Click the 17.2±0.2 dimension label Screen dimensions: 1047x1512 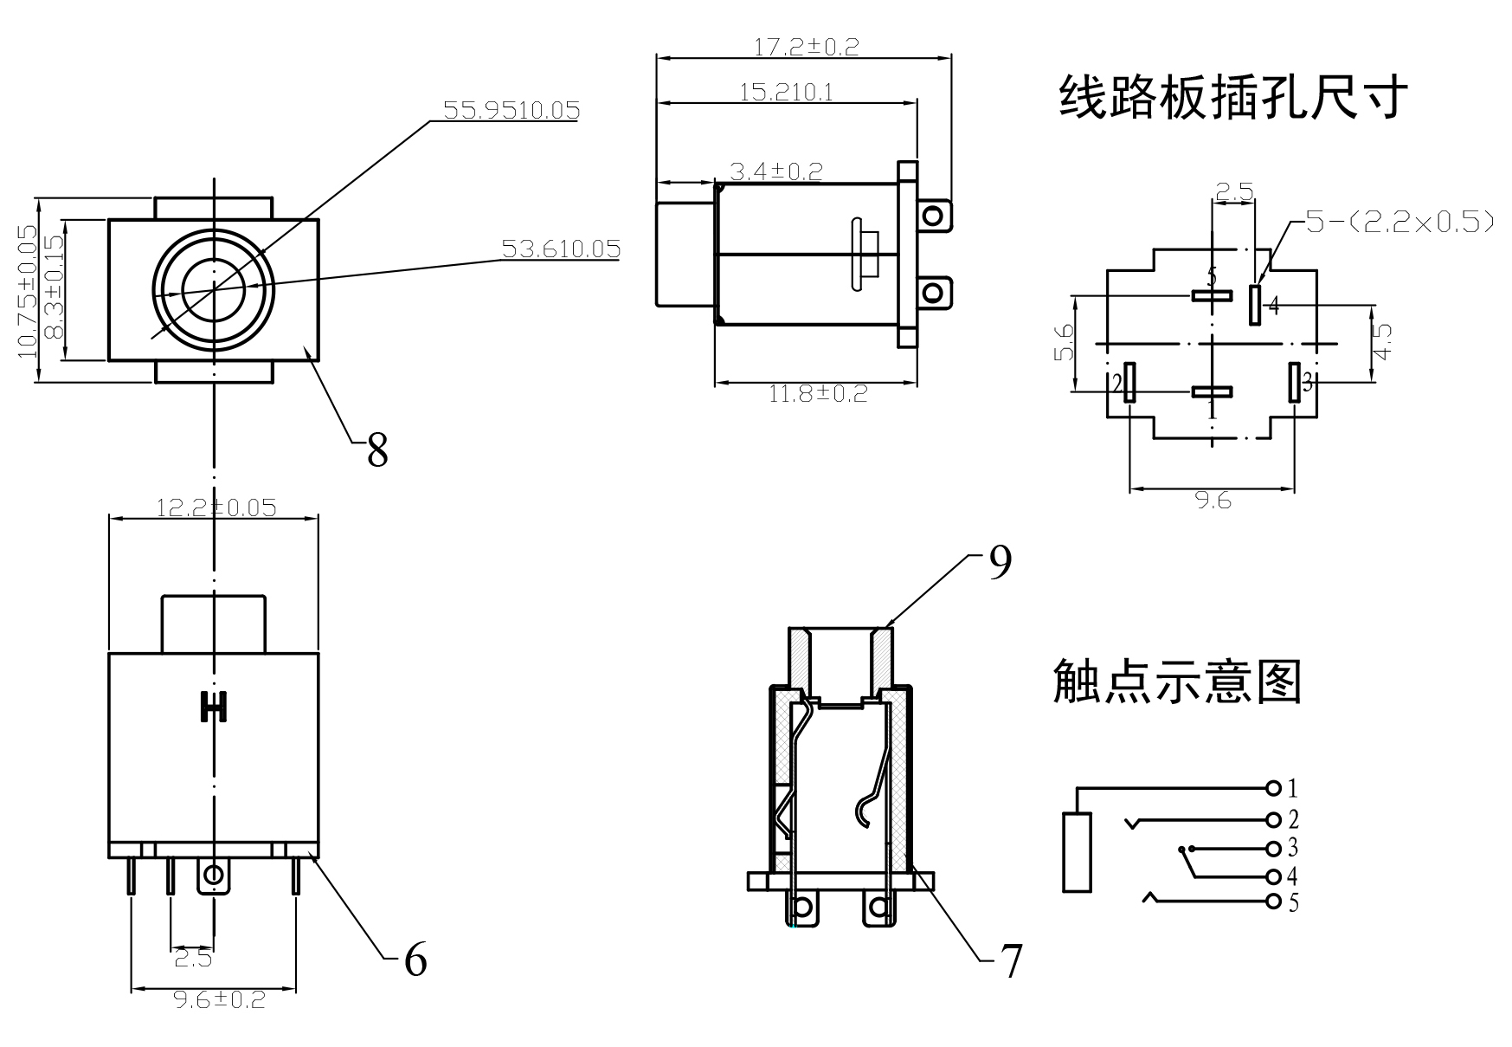tap(806, 47)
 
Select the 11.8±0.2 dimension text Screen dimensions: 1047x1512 tap(818, 394)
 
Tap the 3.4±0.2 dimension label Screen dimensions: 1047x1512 tap(775, 171)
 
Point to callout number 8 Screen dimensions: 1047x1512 tap(377, 450)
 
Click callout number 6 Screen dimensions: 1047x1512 tap(415, 960)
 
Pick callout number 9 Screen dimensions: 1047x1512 tap(1000, 564)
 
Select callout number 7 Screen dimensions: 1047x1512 tap(1011, 960)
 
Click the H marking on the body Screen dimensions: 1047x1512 tap(213, 707)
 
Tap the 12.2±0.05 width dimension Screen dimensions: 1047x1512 tap(216, 507)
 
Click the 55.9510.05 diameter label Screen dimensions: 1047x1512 tap(511, 110)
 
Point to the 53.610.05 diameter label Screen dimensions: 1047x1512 tap(561, 249)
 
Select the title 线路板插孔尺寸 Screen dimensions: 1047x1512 tap(1233, 97)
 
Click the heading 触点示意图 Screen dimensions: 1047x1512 tap(1177, 682)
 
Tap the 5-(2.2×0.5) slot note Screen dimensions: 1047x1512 tap(1399, 223)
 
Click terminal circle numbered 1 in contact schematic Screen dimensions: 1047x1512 tap(1273, 788)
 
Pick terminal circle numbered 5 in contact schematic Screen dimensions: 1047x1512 tap(1273, 902)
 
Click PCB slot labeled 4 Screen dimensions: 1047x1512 tap(1255, 305)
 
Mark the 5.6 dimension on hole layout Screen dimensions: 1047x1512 tap(1065, 343)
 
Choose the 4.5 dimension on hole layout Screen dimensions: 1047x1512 tap(1382, 342)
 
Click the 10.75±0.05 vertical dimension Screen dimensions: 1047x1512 tap(27, 290)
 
